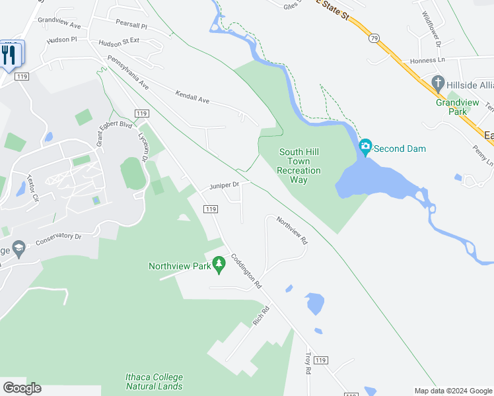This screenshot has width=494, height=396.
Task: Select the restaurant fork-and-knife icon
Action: (x=9, y=53)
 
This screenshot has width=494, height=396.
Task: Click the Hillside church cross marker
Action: (x=437, y=83)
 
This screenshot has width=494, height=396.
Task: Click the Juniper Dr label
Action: (x=224, y=185)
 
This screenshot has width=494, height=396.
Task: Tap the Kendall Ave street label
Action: (x=192, y=96)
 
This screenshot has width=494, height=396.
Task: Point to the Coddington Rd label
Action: (x=246, y=271)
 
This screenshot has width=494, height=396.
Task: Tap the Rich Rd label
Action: (x=262, y=315)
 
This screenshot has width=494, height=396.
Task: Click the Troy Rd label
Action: (x=308, y=363)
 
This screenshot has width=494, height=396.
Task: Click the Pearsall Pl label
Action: (x=131, y=23)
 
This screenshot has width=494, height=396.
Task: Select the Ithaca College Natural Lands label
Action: (x=154, y=381)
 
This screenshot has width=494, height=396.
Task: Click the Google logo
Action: (x=22, y=388)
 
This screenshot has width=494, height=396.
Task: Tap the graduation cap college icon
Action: (x=18, y=249)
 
